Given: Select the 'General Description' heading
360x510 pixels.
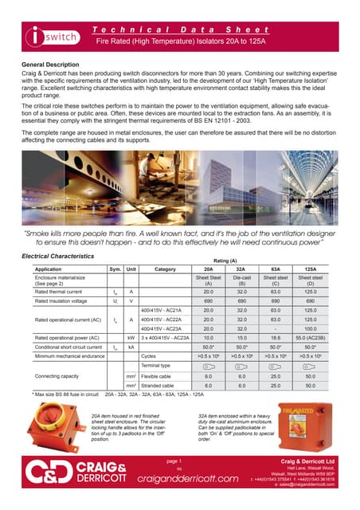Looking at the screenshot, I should (53, 61).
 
